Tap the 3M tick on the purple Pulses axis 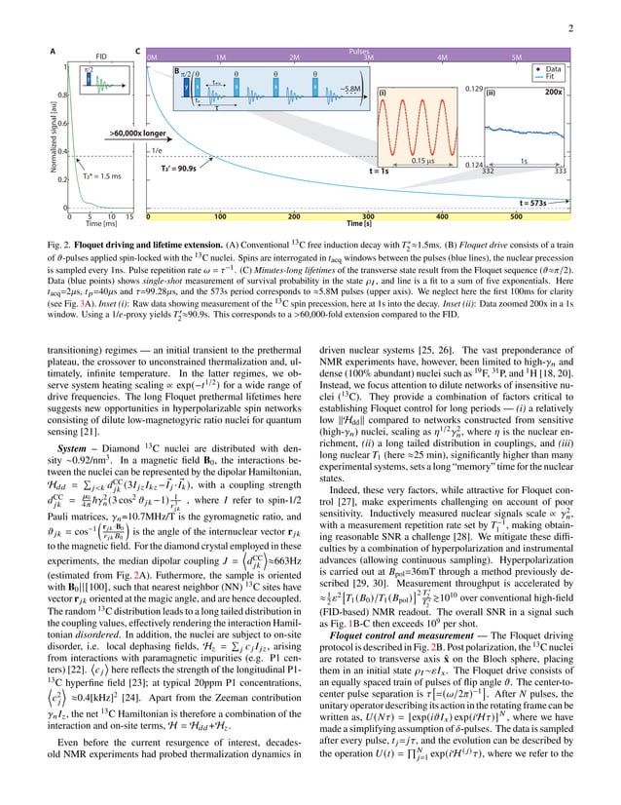(369, 57)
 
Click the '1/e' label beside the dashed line (157, 151)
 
